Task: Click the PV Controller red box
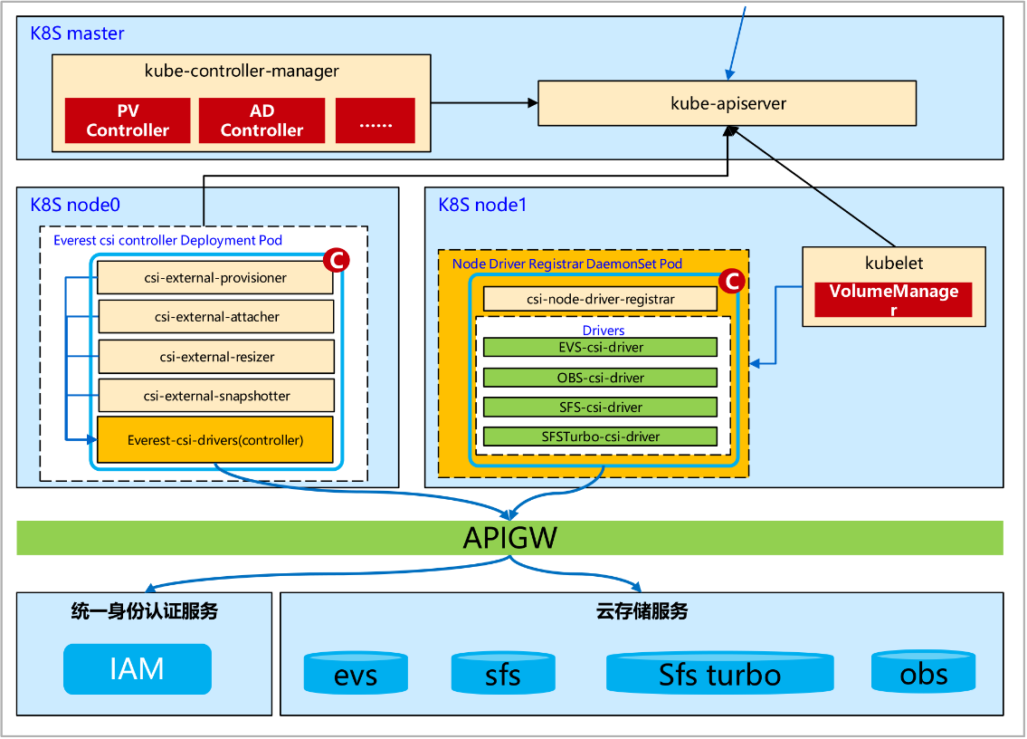tap(128, 120)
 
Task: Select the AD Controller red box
tap(262, 120)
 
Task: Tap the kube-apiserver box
tap(727, 103)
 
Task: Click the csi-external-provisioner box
tap(215, 278)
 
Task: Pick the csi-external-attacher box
tap(215, 317)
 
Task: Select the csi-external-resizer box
tap(215, 357)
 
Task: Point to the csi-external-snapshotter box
tap(215, 396)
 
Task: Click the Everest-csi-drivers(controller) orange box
tap(215, 440)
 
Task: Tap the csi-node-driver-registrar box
tap(600, 299)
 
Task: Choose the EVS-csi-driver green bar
tap(600, 347)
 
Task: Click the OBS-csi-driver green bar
tap(600, 377)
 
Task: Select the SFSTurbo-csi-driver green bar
tap(600, 437)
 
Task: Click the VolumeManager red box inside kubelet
tap(893, 300)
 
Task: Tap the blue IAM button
tap(137, 669)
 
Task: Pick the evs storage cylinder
tap(356, 674)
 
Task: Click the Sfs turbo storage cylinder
tap(719, 674)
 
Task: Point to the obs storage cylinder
tap(923, 672)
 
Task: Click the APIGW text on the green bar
tap(509, 538)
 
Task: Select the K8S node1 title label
tap(482, 205)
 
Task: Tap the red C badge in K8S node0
tap(335, 261)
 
